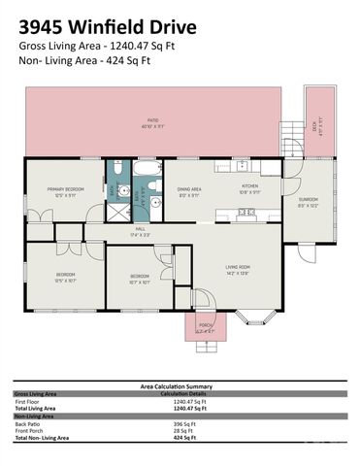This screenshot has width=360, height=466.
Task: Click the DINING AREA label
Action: [x=188, y=191]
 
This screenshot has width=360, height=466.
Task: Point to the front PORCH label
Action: [x=206, y=327]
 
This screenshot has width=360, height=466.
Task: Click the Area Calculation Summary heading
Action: [x=180, y=385]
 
